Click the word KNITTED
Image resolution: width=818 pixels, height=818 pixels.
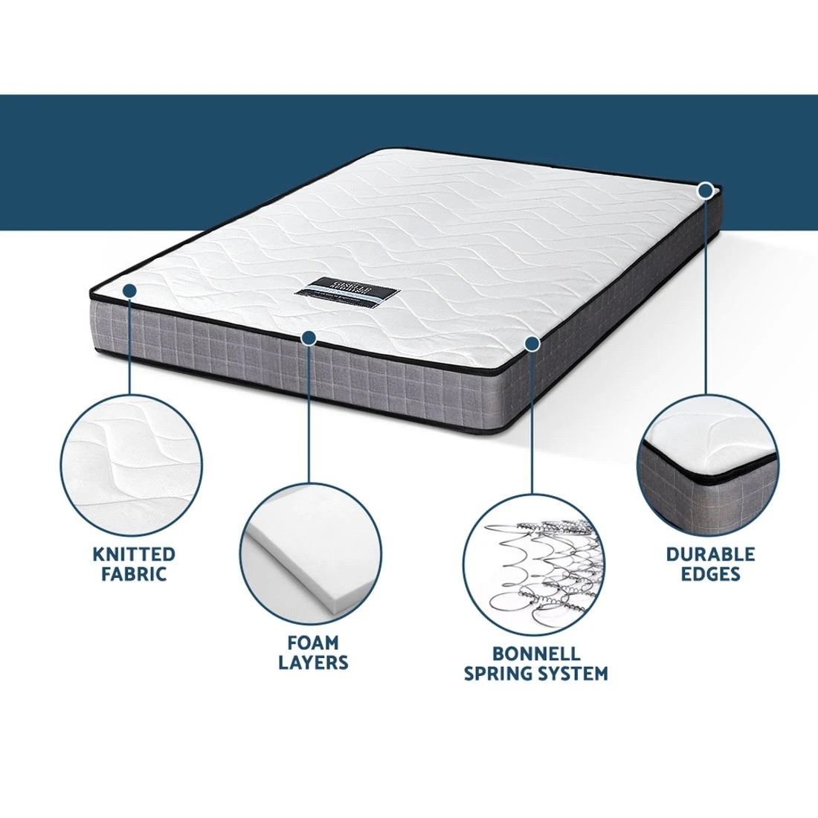(134, 555)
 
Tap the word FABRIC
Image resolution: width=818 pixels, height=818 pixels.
(134, 575)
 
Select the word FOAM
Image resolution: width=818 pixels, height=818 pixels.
(313, 642)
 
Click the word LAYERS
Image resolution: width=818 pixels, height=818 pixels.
(313, 662)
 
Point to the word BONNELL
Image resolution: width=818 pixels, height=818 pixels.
(535, 654)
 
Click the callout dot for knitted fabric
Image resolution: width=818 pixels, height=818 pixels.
(129, 291)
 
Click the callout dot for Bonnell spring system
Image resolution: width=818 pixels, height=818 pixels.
(531, 343)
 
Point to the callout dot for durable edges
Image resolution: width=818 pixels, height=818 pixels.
(706, 190)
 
